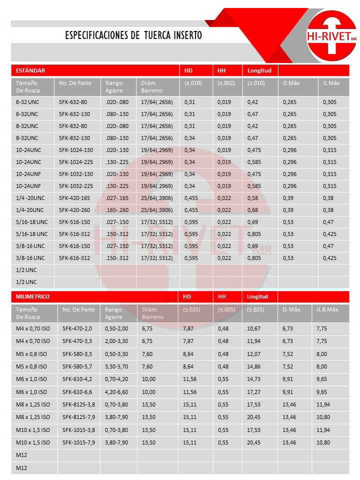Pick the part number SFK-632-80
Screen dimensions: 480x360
coord(73,101)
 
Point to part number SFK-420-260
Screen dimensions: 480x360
coord(74,209)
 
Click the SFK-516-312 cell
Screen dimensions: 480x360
coord(74,233)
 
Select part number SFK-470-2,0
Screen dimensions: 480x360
coord(77,328)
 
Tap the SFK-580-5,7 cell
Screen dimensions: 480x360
coord(77,366)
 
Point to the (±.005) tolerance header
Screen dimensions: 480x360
coord(226,309)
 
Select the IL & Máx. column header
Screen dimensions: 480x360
coord(328,309)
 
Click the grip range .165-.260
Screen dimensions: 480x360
coord(117,209)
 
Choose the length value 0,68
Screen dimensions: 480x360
coord(252,209)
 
